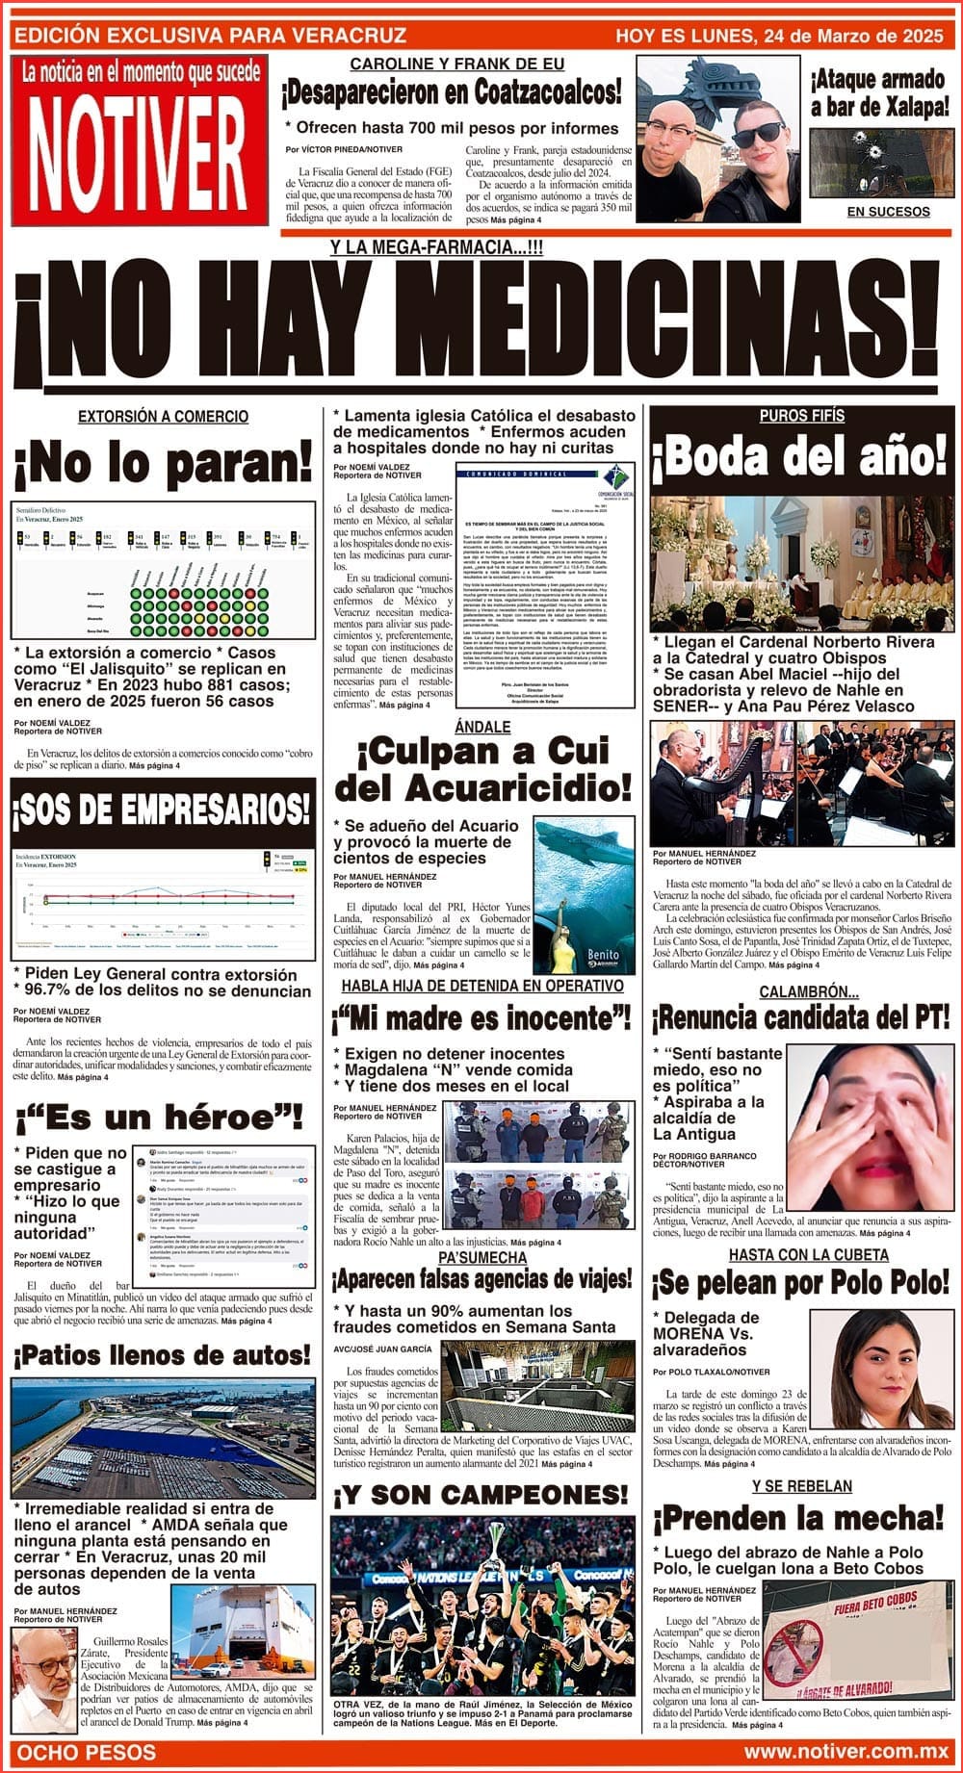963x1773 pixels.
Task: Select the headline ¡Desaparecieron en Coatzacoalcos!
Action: [x=451, y=93]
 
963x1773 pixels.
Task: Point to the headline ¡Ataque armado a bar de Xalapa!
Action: [x=879, y=92]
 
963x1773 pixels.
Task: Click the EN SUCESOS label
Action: [x=888, y=212]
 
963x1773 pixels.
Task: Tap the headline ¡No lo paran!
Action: [x=164, y=464]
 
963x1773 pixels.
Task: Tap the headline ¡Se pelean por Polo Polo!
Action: [x=801, y=1283]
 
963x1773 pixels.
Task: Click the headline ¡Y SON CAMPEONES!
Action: [x=480, y=1495]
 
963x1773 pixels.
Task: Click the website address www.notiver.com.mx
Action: [x=846, y=1750]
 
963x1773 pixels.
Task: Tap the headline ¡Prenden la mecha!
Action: [x=801, y=1519]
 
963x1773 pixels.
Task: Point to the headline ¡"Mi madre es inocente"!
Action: [x=480, y=1017]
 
